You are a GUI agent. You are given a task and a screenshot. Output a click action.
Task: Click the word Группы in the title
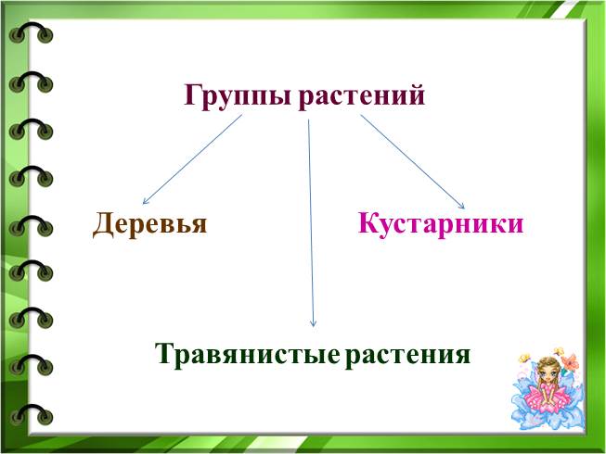[x=238, y=96]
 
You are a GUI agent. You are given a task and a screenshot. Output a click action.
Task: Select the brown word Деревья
[x=150, y=223]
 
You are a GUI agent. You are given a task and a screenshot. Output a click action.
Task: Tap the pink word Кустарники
[x=441, y=223]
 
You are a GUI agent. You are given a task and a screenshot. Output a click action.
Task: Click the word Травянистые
[x=248, y=354]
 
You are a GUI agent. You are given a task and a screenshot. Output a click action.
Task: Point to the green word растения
[x=407, y=355]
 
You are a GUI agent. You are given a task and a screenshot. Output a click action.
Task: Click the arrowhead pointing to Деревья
[x=145, y=201]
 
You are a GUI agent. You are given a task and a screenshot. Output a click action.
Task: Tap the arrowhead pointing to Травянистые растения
[x=314, y=324]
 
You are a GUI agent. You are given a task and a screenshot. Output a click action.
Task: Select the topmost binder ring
[x=31, y=32]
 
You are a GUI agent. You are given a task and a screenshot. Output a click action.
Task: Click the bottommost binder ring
[x=31, y=415]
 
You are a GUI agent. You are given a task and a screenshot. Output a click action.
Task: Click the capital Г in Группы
[x=194, y=95]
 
